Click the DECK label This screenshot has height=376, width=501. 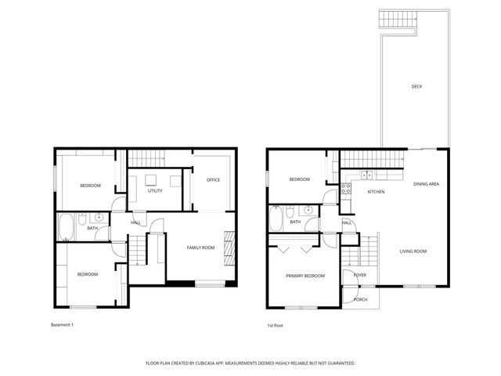tap(416, 86)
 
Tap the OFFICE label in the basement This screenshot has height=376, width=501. tap(213, 180)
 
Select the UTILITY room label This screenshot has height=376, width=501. tap(155, 190)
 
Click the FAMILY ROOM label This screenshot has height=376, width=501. tap(200, 248)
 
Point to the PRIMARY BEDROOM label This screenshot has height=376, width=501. tap(305, 276)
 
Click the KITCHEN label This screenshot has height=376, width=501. tap(377, 192)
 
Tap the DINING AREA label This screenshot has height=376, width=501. tap(426, 183)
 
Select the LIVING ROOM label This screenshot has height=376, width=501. tap(413, 251)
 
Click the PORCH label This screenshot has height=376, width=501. tap(361, 300)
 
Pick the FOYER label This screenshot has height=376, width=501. tap(360, 276)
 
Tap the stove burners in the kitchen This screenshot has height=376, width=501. tap(346, 190)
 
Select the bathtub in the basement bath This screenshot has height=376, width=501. tap(65, 227)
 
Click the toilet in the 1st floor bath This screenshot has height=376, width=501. tap(290, 211)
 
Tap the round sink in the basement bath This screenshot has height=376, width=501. tap(99, 218)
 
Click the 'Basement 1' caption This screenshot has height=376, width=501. tap(62, 324)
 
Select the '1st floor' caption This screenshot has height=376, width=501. tap(276, 324)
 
